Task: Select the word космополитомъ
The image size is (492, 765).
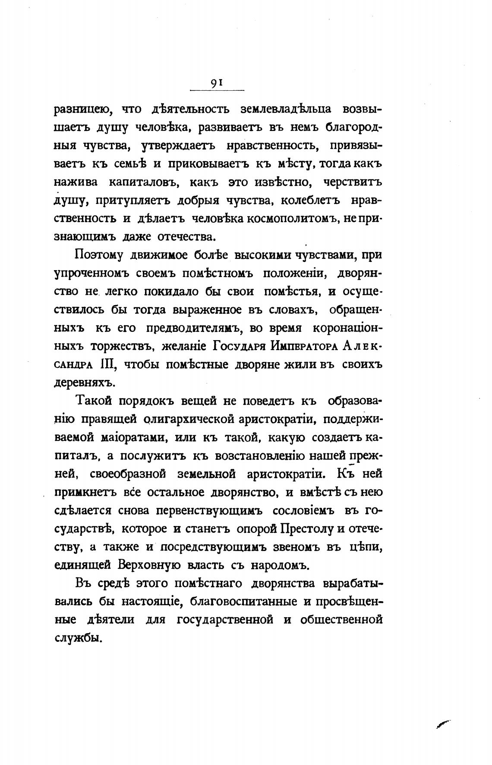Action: click(x=291, y=219)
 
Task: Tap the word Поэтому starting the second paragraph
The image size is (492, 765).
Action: click(x=99, y=255)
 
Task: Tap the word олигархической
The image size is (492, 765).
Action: click(x=192, y=419)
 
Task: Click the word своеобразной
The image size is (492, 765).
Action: click(x=128, y=474)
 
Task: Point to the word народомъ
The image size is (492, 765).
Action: click(x=273, y=566)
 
